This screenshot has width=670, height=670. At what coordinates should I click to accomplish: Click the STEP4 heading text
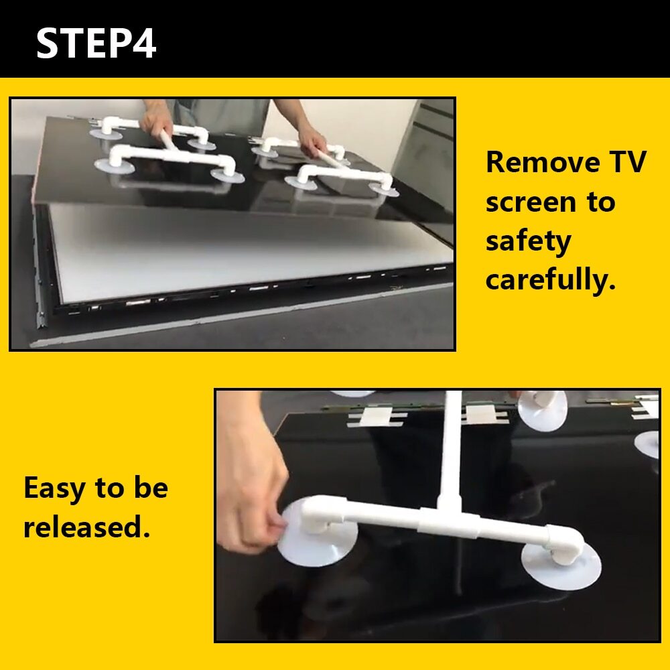pyautogui.click(x=96, y=42)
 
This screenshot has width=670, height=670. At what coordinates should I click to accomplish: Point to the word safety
pyautogui.click(x=529, y=242)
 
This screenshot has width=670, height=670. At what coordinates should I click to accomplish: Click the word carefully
pyautogui.click(x=551, y=280)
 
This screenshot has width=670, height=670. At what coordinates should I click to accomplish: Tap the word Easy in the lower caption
pyautogui.click(x=54, y=488)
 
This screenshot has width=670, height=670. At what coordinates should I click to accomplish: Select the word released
pyautogui.click(x=86, y=526)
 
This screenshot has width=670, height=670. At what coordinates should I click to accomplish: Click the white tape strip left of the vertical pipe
pyautogui.click(x=376, y=416)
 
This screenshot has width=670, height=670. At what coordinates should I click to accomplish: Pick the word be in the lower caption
pyautogui.click(x=151, y=488)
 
